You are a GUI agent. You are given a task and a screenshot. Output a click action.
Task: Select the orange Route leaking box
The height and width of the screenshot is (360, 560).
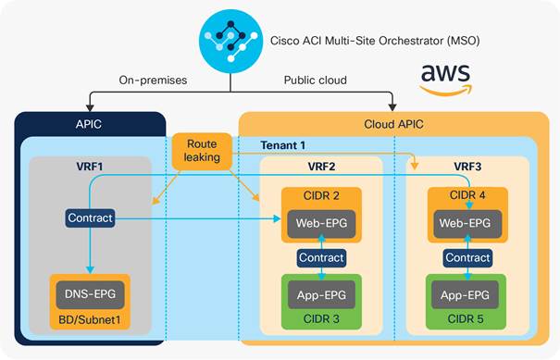pos(201,152)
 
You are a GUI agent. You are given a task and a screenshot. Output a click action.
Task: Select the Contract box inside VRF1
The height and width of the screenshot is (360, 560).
pos(90,218)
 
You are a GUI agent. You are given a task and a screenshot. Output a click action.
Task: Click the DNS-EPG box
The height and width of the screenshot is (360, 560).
pos(91,294)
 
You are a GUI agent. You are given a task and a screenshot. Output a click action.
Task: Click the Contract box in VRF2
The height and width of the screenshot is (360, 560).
pos(321,258)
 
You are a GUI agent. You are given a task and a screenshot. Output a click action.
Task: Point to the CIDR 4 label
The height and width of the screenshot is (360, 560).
pos(467,196)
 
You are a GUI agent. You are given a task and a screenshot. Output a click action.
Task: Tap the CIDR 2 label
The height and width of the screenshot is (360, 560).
pos(320,196)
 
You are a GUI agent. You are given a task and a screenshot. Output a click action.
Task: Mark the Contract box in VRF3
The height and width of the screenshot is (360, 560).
pos(467,258)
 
